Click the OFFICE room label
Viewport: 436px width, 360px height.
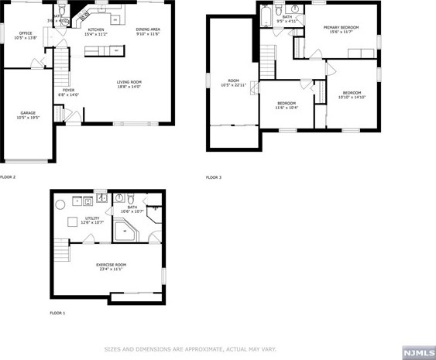(26, 33)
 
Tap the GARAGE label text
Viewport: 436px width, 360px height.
(28, 113)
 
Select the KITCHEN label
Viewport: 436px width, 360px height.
(96, 29)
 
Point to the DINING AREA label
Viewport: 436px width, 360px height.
(148, 29)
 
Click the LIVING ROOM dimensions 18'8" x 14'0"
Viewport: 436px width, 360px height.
(128, 87)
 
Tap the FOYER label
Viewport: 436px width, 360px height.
(69, 90)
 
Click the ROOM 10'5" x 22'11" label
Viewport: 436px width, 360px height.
(232, 81)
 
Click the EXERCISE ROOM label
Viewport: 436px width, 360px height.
(111, 265)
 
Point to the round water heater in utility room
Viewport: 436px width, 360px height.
(60, 207)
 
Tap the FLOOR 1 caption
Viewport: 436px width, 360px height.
(57, 313)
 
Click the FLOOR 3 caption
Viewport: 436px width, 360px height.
(213, 177)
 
